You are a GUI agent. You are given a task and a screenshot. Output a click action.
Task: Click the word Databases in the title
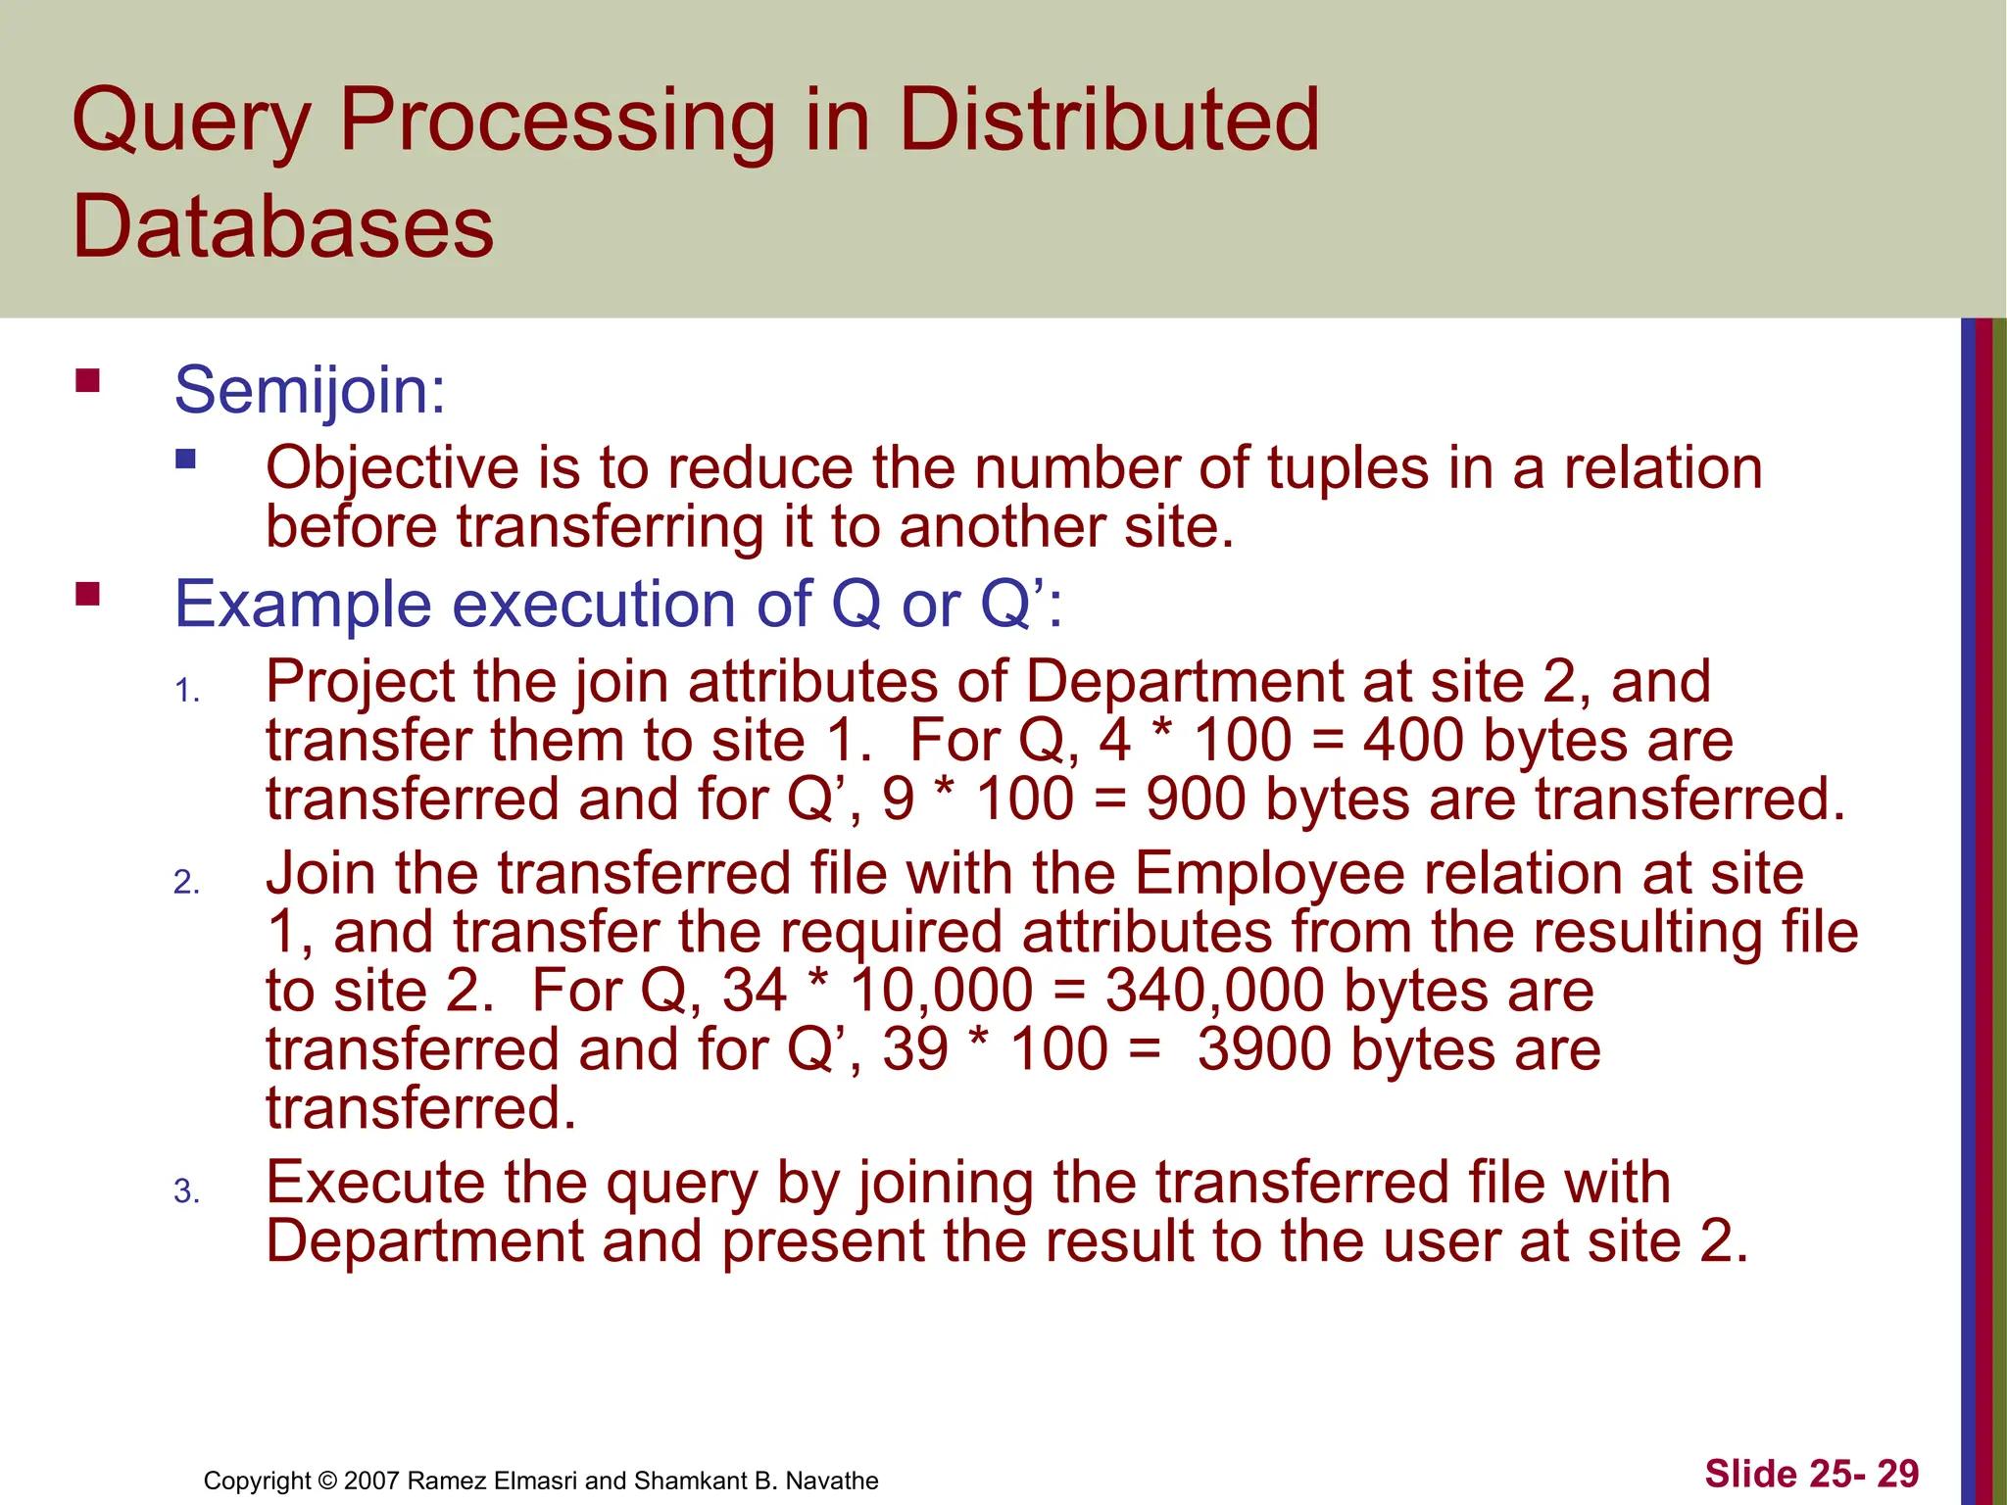pos(283,226)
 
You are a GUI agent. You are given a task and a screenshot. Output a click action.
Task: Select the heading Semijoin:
pos(310,390)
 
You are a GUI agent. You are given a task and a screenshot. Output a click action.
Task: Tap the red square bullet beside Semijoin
pos(88,380)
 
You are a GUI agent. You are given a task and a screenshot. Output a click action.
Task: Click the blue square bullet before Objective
pos(185,459)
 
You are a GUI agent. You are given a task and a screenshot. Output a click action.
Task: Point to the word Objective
pos(392,468)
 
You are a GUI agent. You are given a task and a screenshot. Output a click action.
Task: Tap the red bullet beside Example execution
pos(88,594)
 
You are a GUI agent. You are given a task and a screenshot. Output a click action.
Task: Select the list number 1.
pos(186,692)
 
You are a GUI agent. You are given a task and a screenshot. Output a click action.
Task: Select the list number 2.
pos(186,883)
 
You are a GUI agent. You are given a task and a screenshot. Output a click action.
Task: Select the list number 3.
pos(186,1191)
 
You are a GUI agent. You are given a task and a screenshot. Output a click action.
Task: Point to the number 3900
pos(1264,1049)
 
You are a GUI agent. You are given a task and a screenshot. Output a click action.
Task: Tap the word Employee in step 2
pos(1273,874)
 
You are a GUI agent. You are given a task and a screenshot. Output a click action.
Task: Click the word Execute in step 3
pos(423,1183)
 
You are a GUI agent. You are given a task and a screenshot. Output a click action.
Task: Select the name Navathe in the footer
pos(832,1481)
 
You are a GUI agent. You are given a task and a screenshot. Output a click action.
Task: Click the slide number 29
pos(1898,1474)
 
